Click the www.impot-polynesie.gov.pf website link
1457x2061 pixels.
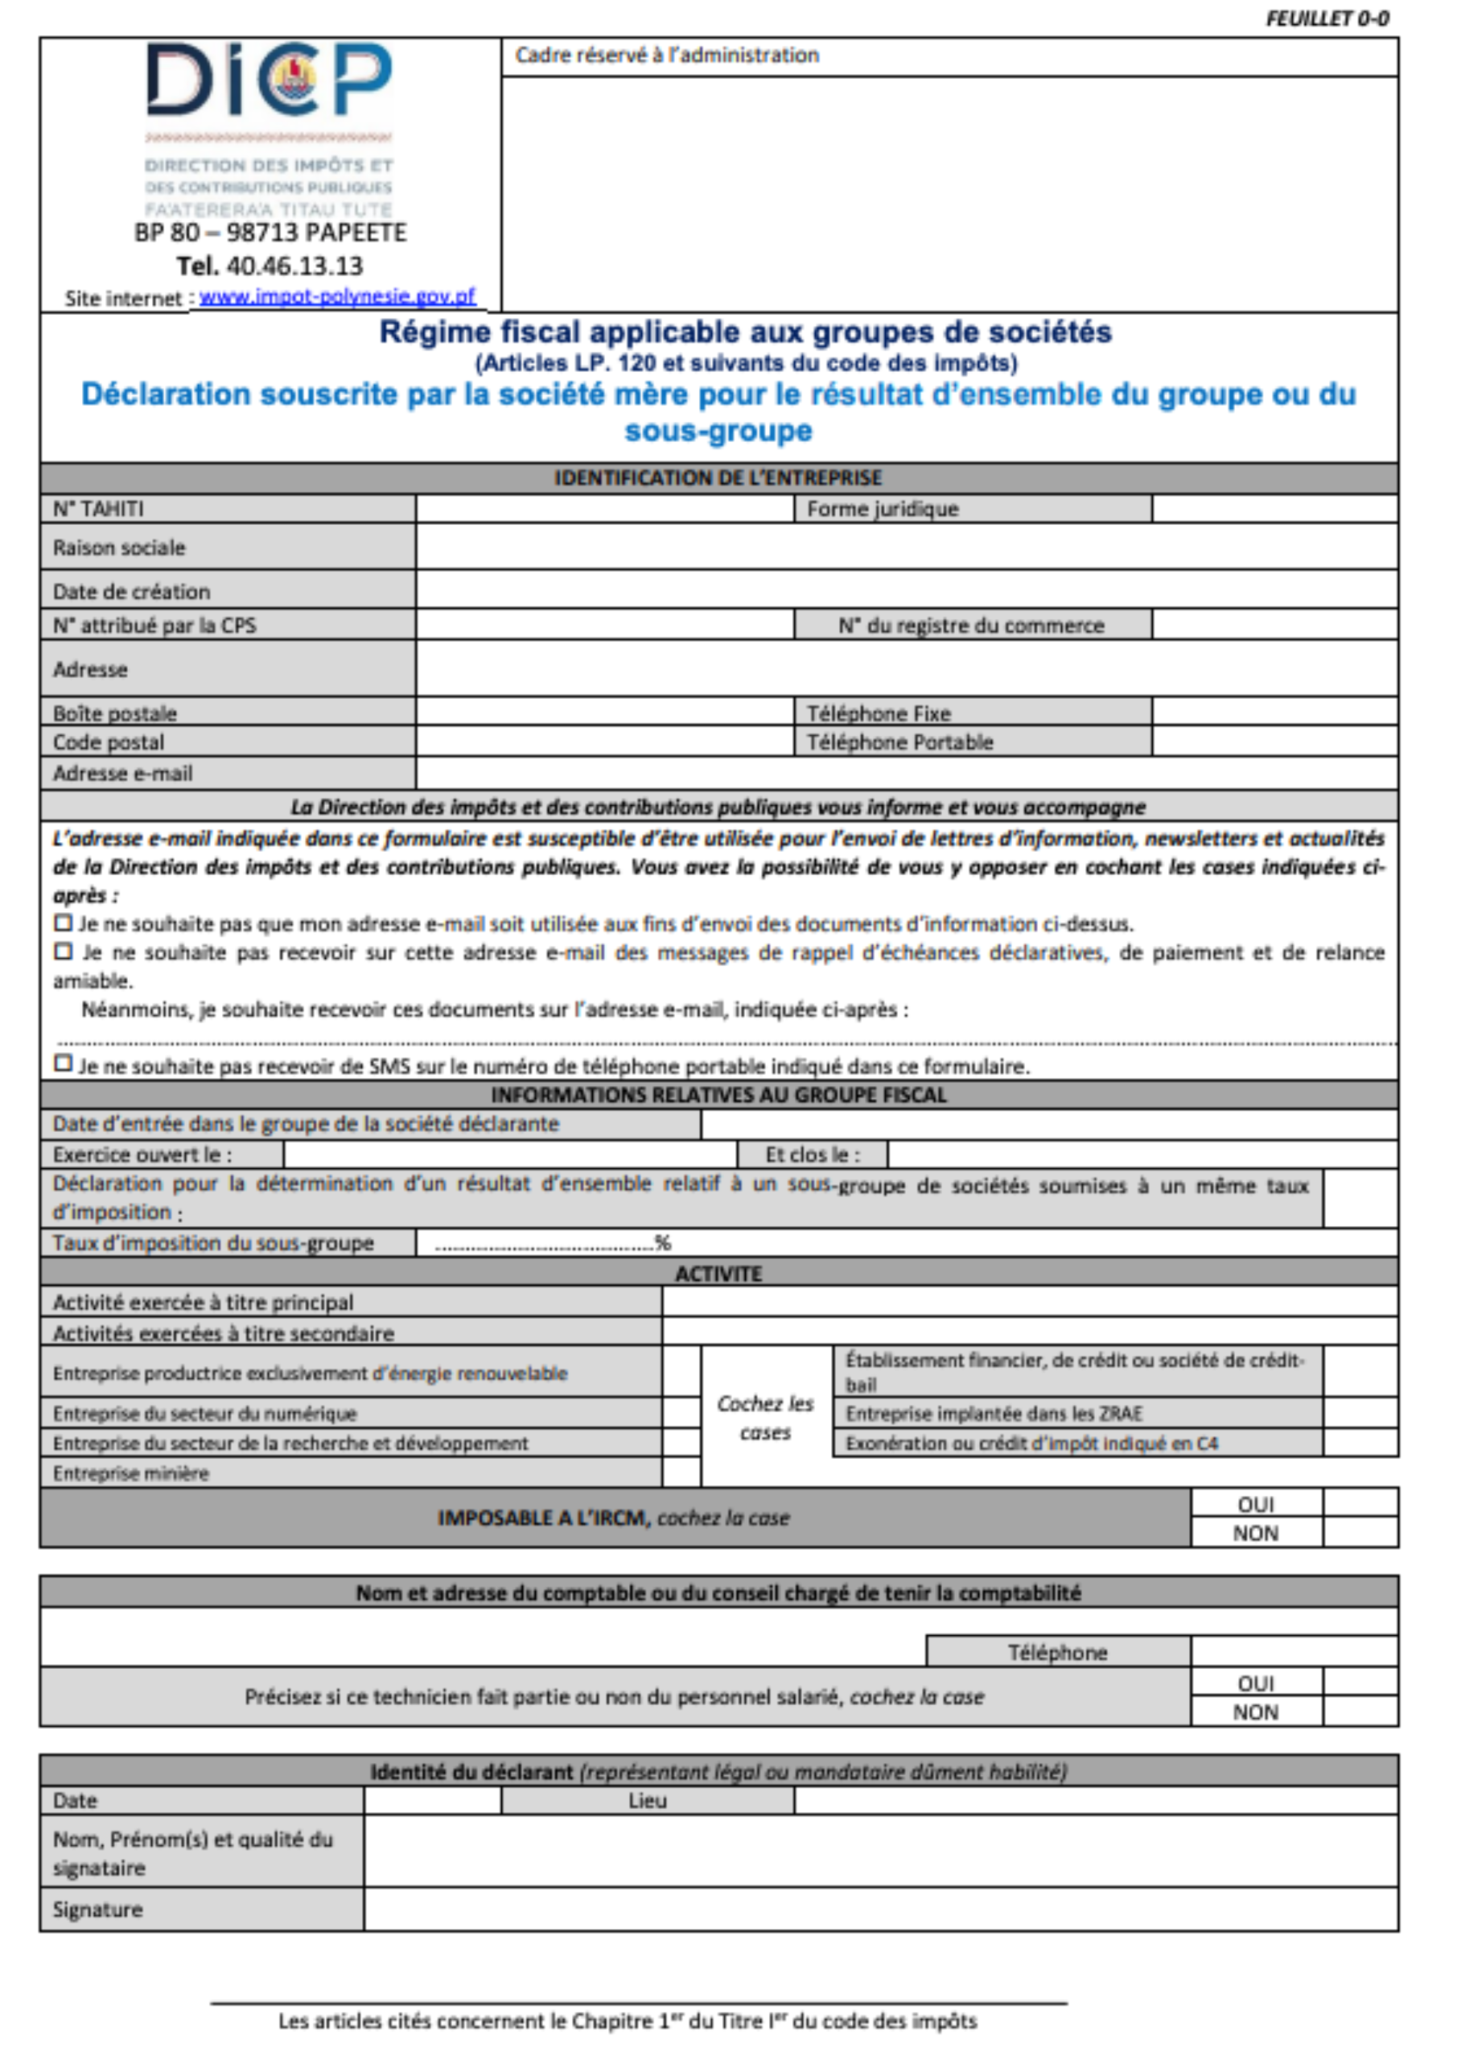pos(337,297)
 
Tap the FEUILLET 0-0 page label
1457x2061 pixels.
pos(1326,19)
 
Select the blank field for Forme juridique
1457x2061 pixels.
pos(1274,509)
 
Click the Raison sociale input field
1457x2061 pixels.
pos(906,547)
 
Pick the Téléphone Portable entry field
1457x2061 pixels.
pos(1274,741)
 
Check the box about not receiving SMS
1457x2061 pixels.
pos(63,1064)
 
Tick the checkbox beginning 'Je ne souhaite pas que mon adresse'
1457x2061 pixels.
pos(63,922)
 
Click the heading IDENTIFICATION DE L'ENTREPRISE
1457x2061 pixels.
pos(718,477)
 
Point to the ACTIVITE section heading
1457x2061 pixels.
pos(718,1273)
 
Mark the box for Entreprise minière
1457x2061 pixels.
pos(681,1473)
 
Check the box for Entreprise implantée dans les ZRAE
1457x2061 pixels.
pos(1360,1413)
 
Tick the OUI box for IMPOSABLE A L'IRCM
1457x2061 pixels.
pos(1360,1504)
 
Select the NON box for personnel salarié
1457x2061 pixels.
pos(1360,1712)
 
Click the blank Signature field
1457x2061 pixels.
pos(879,1910)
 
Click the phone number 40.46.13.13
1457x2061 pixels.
pos(294,266)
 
